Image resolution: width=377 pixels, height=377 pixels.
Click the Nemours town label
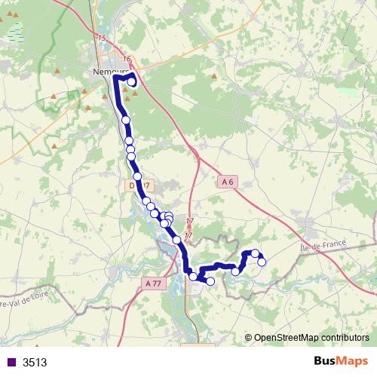click(x=108, y=71)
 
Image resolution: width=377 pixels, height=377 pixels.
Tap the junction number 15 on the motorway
click(x=102, y=38)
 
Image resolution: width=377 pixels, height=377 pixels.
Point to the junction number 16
click(x=125, y=59)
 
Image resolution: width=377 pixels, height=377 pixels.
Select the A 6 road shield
click(x=228, y=181)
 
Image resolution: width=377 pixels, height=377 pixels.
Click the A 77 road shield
click(x=152, y=283)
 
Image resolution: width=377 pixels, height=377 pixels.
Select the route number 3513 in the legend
click(x=35, y=362)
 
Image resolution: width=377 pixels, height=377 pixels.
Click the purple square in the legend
click(x=11, y=362)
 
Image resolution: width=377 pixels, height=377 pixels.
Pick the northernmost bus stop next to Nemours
click(x=133, y=83)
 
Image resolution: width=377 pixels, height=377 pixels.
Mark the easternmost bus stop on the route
click(x=262, y=262)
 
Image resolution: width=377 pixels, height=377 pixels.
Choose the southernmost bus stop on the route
click(x=210, y=281)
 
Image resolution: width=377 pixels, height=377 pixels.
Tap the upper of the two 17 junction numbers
click(x=188, y=221)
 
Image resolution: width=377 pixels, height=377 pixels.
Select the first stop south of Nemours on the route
click(x=126, y=120)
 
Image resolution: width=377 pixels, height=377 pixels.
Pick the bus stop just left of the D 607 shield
click(x=137, y=176)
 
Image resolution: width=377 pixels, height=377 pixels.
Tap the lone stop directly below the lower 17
click(x=177, y=240)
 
